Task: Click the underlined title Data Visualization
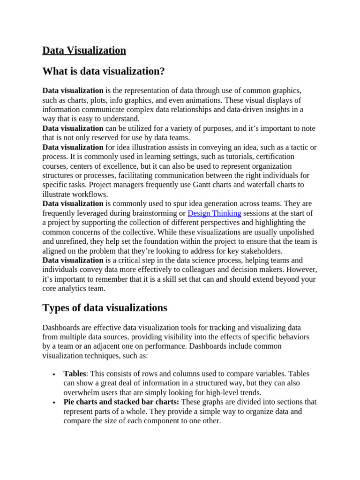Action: pyautogui.click(x=84, y=51)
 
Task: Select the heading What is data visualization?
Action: pyautogui.click(x=103, y=71)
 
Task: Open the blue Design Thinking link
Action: pyautogui.click(x=214, y=213)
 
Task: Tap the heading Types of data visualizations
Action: pyautogui.click(x=105, y=308)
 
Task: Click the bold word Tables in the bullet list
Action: pyautogui.click(x=75, y=374)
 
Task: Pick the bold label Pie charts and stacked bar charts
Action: pyautogui.click(x=121, y=402)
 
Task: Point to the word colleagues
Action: pyautogui.click(x=207, y=270)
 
